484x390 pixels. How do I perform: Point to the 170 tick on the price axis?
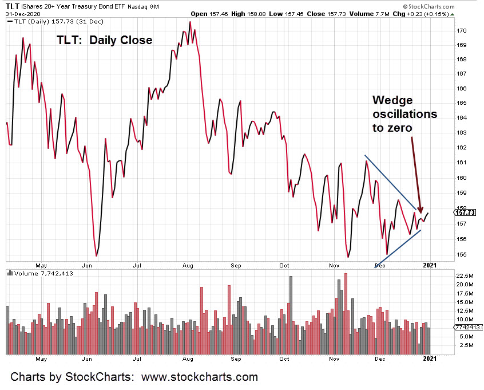pyautogui.click(x=446, y=30)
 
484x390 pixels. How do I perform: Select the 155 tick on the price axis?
pyautogui.click(x=446, y=254)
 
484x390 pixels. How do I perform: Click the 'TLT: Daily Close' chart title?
pyautogui.click(x=104, y=40)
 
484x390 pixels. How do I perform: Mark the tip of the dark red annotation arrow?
pyautogui.click(x=420, y=212)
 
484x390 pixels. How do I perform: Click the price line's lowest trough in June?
pyautogui.click(x=96, y=255)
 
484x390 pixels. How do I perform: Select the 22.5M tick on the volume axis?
pyautogui.click(x=447, y=275)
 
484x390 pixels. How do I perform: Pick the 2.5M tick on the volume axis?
pyautogui.click(x=449, y=345)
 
